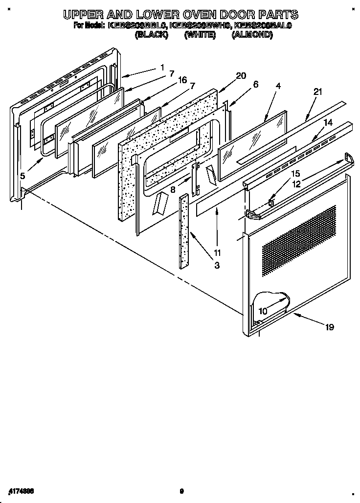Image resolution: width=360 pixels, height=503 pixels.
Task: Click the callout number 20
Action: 241,75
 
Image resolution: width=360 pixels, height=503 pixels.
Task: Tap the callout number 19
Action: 329,327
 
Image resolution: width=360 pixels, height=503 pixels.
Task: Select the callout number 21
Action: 318,91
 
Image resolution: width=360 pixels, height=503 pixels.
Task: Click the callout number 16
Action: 182,80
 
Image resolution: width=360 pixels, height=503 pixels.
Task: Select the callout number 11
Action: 217,253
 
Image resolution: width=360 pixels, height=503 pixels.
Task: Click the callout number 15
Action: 295,173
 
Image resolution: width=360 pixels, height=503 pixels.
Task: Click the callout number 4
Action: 278,86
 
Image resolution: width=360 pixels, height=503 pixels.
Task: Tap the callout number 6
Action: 255,84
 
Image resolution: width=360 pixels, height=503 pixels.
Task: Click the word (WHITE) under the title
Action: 200,35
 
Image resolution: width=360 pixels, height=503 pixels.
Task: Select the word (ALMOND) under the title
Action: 252,35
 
